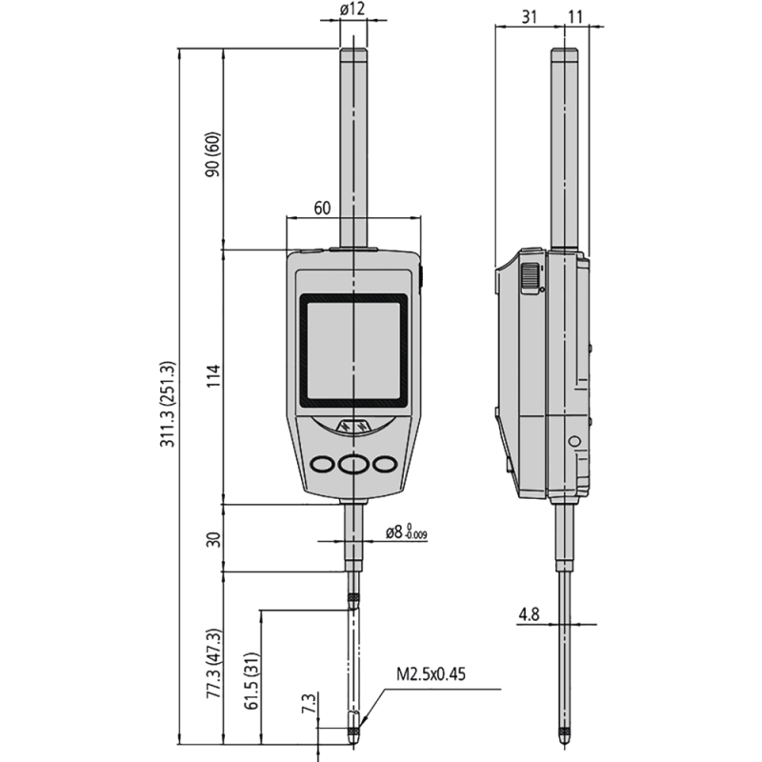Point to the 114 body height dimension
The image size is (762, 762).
point(213,375)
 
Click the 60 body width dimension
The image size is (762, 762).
point(322,207)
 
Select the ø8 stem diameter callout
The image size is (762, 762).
point(405,533)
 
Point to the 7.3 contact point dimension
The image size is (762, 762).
point(308,705)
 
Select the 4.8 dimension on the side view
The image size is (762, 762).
point(529,615)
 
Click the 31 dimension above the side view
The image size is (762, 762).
point(529,16)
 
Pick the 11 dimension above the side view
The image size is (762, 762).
point(574,16)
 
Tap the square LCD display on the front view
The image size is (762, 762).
point(353,349)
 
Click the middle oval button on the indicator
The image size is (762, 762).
point(353,464)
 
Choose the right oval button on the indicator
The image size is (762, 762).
point(385,464)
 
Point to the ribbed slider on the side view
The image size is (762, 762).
point(528,277)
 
